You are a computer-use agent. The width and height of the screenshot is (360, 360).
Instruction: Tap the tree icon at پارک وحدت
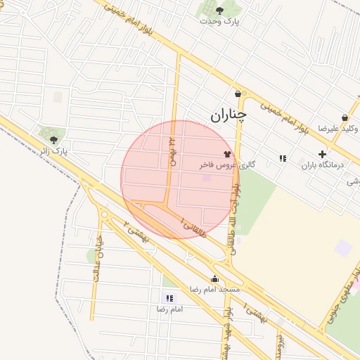point(219,11)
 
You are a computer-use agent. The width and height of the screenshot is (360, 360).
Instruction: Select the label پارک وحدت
point(219,22)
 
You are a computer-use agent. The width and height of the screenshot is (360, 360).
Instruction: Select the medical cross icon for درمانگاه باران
point(322,154)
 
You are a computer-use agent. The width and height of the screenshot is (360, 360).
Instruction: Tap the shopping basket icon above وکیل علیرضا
point(345,117)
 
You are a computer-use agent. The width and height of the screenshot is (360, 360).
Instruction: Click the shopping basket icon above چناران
point(238,94)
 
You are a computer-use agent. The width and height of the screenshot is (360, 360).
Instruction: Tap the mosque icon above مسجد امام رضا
point(214,278)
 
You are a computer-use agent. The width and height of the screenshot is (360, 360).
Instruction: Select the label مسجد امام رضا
point(214,290)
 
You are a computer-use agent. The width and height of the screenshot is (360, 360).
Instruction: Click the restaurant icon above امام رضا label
point(169,298)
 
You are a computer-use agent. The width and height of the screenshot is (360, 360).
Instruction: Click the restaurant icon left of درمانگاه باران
point(283,158)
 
